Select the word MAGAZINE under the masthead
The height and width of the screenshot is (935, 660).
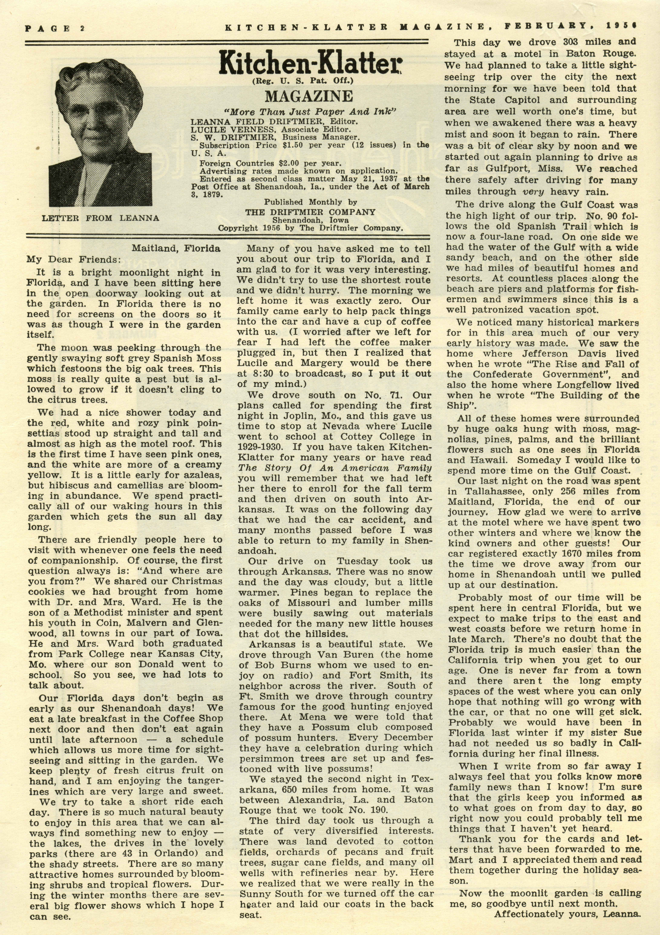click(309, 97)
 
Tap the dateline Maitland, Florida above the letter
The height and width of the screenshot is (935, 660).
click(176, 248)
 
